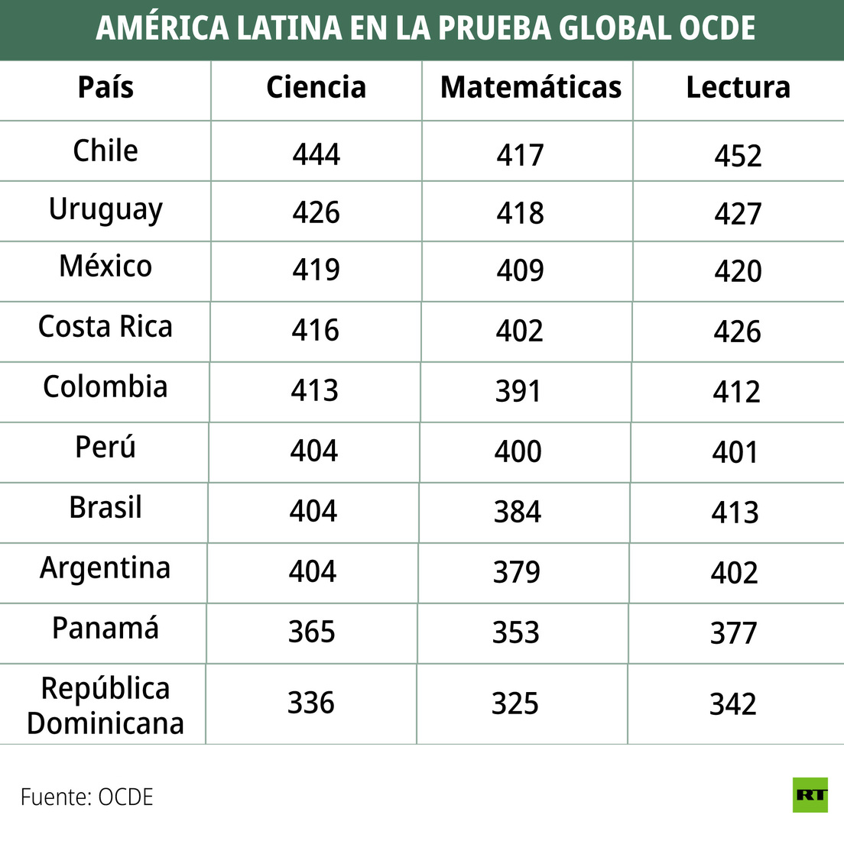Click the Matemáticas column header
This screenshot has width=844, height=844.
tap(531, 88)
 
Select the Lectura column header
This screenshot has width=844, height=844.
tap(738, 88)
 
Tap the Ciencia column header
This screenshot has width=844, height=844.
tap(316, 88)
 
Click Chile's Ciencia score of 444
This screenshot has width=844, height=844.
tap(316, 155)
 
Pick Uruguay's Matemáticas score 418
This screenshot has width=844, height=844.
tap(520, 214)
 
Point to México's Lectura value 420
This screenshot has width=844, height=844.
tap(738, 272)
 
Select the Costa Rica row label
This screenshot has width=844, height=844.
tap(105, 327)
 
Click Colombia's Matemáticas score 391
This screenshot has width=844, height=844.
tap(518, 392)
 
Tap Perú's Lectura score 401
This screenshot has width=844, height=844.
tap(735, 452)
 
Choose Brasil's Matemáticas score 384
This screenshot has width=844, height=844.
tap(518, 512)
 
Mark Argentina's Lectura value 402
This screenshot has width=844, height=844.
tap(735, 573)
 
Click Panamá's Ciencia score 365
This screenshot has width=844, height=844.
tap(312, 632)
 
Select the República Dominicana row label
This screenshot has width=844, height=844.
tap(105, 706)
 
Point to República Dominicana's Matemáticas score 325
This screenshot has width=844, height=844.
tap(515, 704)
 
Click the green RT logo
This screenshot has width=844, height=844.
tap(810, 795)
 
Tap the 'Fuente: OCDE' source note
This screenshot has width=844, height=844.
tap(87, 797)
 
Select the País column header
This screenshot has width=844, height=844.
tap(105, 88)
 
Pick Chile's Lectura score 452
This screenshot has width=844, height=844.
tap(738, 157)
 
